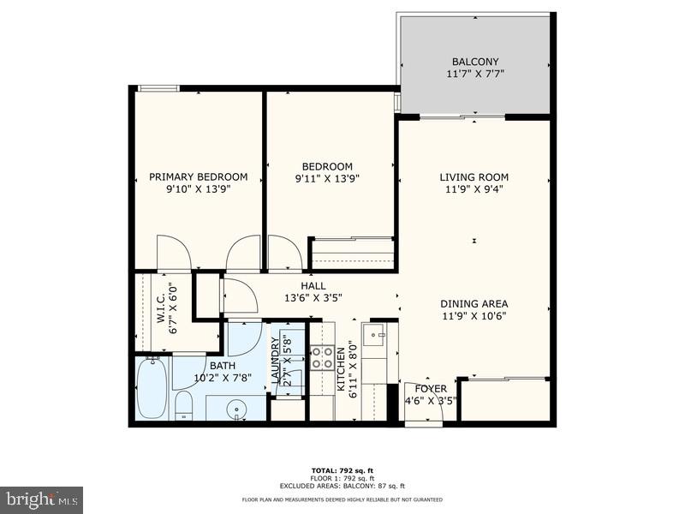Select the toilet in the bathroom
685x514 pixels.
click(x=184, y=405)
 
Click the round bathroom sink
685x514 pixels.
click(x=238, y=410)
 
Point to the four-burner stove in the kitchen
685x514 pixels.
click(x=321, y=357)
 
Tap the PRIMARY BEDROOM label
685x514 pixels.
click(x=198, y=177)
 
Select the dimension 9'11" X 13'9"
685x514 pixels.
click(x=327, y=179)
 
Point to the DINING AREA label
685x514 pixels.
click(x=474, y=304)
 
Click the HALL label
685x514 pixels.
click(x=313, y=286)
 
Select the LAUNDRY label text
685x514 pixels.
click(x=276, y=366)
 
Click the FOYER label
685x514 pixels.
click(x=432, y=389)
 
